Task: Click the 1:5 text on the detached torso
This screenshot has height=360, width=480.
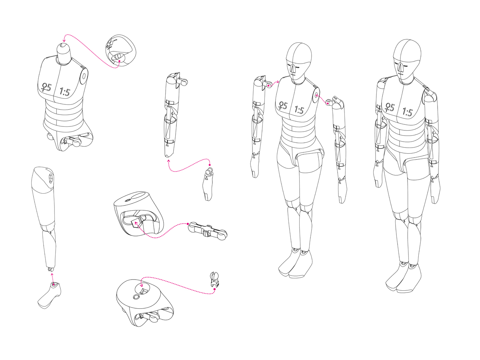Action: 65,92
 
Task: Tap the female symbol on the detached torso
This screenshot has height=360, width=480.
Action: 44,87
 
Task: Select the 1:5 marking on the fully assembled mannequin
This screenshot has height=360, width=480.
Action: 407,112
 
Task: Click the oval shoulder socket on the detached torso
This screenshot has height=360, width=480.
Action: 84,76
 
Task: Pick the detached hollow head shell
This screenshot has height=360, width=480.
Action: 120,50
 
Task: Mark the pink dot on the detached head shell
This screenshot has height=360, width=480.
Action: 119,61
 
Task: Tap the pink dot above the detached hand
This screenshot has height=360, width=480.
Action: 210,165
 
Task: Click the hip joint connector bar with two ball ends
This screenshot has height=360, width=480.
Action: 208,231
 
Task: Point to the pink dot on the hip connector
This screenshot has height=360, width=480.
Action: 188,224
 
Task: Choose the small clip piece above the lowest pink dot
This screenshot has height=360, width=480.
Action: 214,279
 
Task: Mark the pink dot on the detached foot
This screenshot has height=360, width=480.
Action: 54,284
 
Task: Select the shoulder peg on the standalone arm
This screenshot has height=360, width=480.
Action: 183,82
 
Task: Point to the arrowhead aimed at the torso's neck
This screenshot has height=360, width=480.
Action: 64,40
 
